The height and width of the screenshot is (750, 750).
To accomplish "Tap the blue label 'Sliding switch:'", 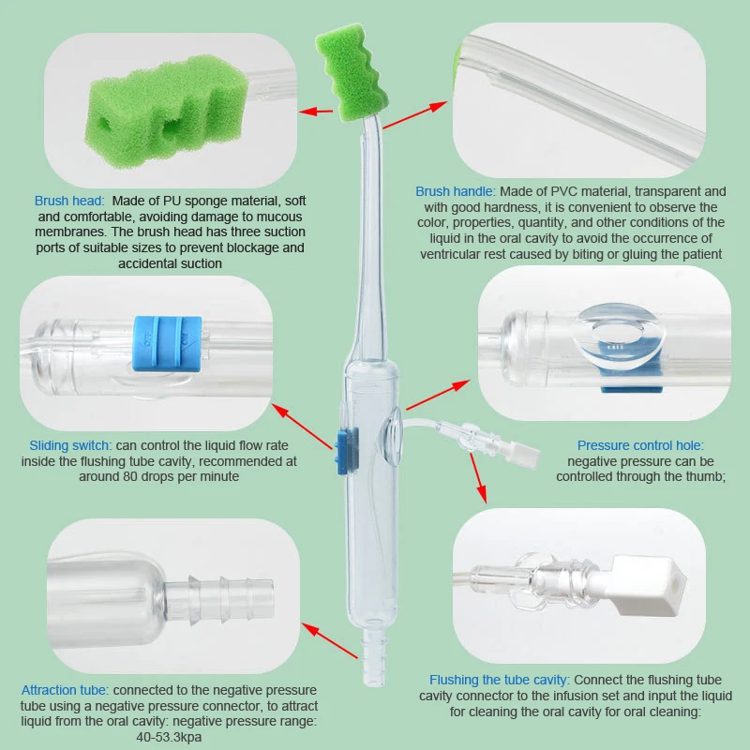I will pyautogui.click(x=70, y=444).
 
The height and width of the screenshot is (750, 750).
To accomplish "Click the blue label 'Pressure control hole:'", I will pyautogui.click(x=639, y=444).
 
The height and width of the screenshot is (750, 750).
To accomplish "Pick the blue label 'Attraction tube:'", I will pyautogui.click(x=65, y=688).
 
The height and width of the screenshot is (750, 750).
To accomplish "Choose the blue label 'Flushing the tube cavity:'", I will pyautogui.click(x=499, y=679).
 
